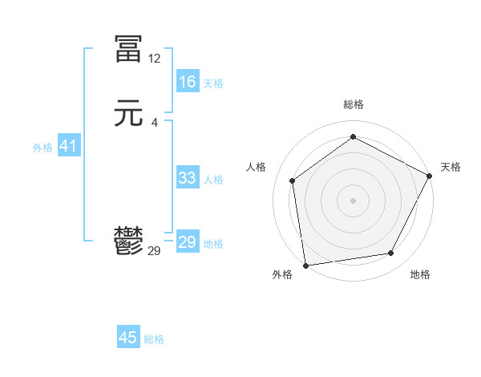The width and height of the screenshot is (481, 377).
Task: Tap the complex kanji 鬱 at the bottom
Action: click(x=129, y=241)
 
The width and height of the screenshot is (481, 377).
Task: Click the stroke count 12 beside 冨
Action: click(x=154, y=59)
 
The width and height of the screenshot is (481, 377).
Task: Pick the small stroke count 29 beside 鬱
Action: click(x=154, y=251)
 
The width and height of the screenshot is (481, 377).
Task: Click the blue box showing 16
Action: click(x=188, y=82)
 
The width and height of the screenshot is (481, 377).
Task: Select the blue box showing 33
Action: click(x=188, y=178)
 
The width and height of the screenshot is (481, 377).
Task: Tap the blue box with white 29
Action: click(x=188, y=242)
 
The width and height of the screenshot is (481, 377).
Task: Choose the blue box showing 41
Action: click(x=68, y=146)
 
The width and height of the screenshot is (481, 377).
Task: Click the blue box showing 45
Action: click(x=128, y=338)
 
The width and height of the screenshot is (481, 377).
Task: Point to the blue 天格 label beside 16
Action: click(x=213, y=83)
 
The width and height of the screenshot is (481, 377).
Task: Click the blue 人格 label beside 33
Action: click(x=213, y=179)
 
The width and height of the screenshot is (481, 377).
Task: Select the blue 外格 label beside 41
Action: click(x=42, y=148)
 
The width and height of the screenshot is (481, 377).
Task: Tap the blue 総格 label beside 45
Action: click(x=154, y=339)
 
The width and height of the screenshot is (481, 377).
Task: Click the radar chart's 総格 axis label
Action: click(x=354, y=104)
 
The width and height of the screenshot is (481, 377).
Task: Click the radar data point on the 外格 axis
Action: click(x=305, y=265)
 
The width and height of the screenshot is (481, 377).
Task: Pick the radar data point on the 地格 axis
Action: click(x=391, y=253)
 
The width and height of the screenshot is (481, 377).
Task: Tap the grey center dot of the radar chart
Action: click(x=353, y=200)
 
